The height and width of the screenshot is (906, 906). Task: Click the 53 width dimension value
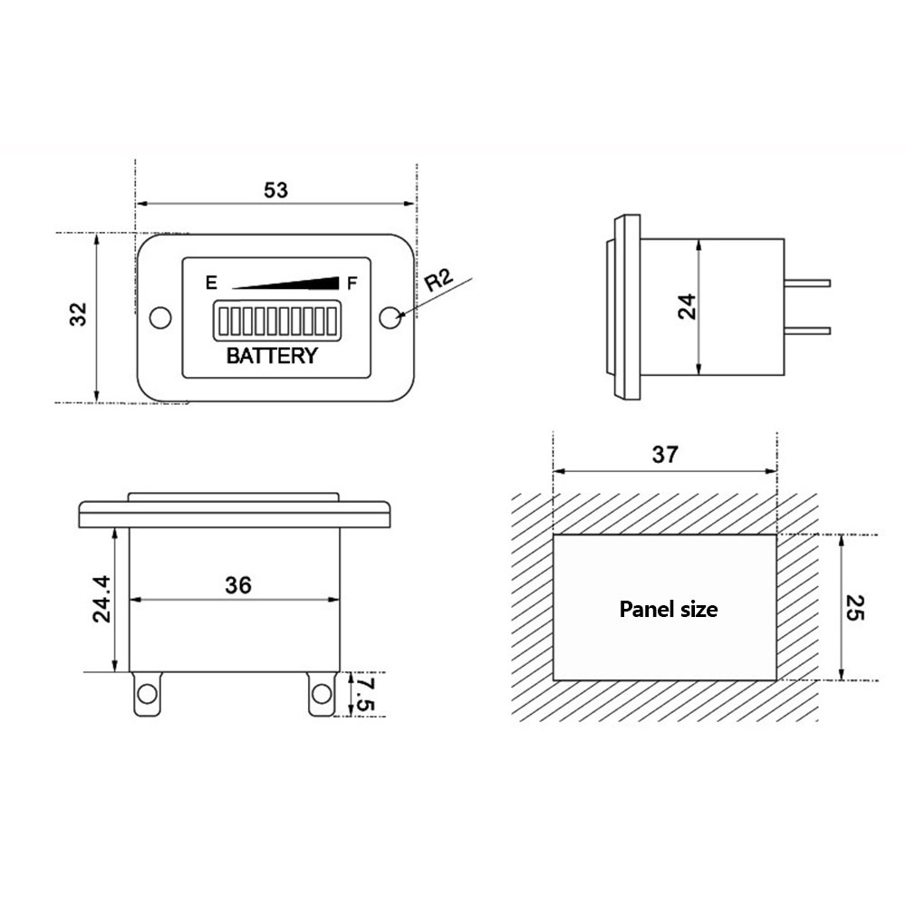coord(275,190)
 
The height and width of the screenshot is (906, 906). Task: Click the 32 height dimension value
coord(78,314)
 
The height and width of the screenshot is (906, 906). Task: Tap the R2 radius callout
coord(439,280)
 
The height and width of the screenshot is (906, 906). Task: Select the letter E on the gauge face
coord(211,283)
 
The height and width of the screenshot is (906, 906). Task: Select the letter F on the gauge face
coord(352,283)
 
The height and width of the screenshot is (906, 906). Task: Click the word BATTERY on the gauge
coord(272,355)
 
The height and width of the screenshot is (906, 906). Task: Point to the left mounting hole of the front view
coord(160,318)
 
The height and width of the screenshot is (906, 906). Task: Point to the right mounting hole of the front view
coord(390,318)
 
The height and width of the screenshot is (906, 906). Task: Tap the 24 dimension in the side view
coord(687,306)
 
